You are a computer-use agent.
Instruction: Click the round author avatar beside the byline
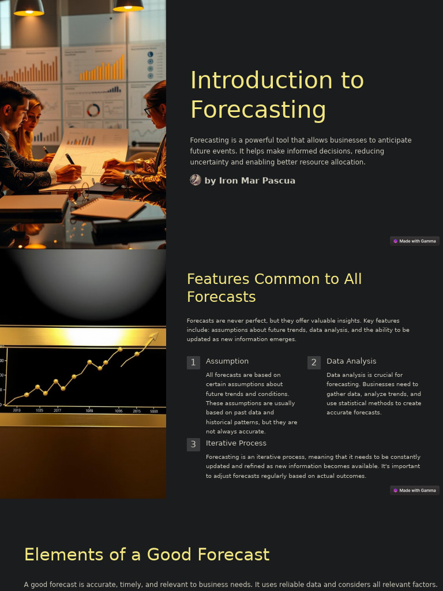[196, 180]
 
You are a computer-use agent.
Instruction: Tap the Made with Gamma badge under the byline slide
[414, 241]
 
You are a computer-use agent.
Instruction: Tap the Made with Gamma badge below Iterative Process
[414, 491]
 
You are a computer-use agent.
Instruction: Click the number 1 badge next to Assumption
[193, 362]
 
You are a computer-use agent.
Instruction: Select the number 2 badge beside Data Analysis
[314, 362]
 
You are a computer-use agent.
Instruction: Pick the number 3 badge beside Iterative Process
[193, 444]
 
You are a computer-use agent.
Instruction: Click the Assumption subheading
[227, 361]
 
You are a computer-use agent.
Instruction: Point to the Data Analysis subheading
[351, 361]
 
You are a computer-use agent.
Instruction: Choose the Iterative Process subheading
[236, 443]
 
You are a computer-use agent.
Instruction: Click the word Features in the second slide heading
[218, 279]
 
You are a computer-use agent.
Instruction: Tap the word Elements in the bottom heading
[63, 555]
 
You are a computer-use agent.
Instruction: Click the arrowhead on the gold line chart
[154, 335]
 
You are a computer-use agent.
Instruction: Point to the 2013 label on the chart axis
[17, 410]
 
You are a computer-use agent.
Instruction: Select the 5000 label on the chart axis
[154, 411]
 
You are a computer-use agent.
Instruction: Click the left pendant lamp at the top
[29, 8]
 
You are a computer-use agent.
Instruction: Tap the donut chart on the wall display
[93, 110]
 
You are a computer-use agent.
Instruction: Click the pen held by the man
[70, 159]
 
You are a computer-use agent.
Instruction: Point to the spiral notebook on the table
[108, 208]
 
